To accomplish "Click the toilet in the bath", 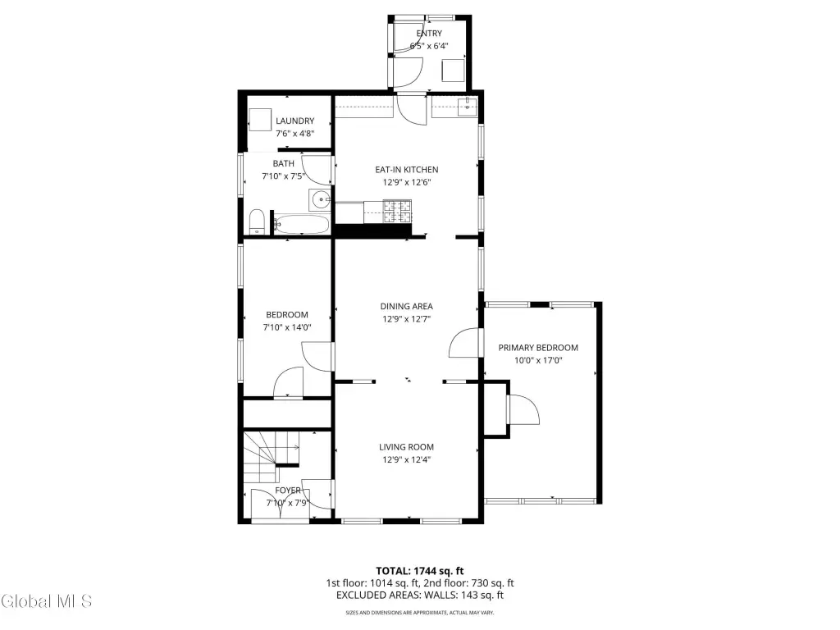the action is (x=258, y=221).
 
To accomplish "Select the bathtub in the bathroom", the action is (x=301, y=225).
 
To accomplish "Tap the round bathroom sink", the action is (x=321, y=200).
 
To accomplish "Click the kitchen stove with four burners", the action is (x=397, y=212).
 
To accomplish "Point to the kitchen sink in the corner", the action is (x=468, y=106).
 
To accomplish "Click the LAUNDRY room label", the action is (x=294, y=121).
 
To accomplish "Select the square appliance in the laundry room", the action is (x=260, y=120).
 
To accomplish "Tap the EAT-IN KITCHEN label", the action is (x=407, y=170).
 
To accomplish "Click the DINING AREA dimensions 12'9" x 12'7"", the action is (x=407, y=319).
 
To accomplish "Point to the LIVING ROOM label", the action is (x=407, y=447).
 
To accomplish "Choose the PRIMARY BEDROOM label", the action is (x=538, y=348).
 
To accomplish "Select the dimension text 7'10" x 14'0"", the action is (x=287, y=327).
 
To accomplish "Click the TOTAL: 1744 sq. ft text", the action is (x=419, y=571).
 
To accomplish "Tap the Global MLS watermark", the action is (x=46, y=601).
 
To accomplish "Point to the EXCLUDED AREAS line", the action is (x=420, y=596).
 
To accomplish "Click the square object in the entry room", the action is (x=453, y=71).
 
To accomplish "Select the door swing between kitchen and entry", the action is (x=412, y=110).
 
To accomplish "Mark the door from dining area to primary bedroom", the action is (x=464, y=343).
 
